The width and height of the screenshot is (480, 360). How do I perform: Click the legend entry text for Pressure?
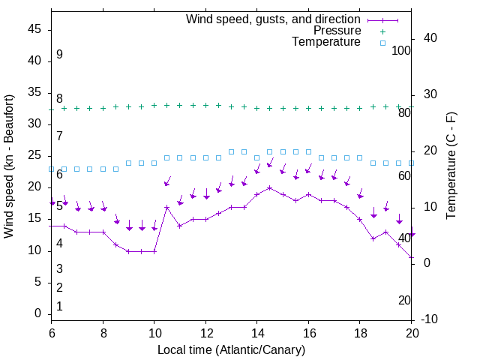pos(337,31)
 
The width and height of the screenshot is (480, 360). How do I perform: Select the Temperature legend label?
pos(326,43)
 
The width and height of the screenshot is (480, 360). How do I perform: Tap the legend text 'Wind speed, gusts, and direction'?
pos(274,19)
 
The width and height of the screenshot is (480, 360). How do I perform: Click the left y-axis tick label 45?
pos(35,29)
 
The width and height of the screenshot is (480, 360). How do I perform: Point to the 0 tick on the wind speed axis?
pos(39,314)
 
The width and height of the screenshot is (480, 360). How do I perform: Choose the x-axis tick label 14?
pos(256,333)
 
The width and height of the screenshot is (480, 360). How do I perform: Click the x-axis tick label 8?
pos(103,333)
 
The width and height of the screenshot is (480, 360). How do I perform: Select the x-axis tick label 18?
pos(359,333)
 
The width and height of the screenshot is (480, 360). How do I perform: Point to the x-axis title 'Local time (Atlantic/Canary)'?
pos(231,350)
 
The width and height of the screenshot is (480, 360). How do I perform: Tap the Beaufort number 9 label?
pos(59,55)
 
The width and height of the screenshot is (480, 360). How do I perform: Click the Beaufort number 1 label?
pos(59,307)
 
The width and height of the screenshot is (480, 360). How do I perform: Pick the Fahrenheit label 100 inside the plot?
pos(402,51)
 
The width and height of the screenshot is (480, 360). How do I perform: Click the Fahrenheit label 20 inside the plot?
pos(404,301)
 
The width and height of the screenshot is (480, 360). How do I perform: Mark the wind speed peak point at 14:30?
pos(270,187)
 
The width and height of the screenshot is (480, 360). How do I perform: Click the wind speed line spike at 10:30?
pos(167,207)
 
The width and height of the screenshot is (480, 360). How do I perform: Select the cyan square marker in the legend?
pos(382,43)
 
